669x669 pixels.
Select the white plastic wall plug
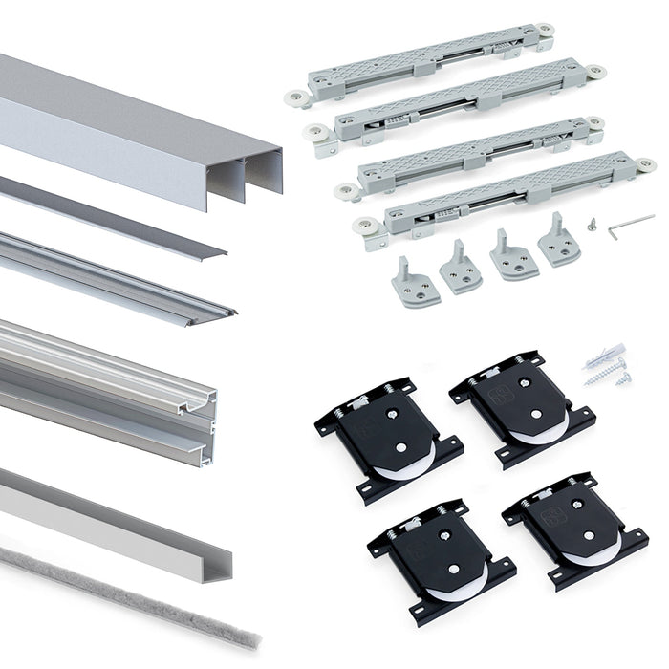click(x=602, y=351)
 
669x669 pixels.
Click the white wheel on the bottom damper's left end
click(x=362, y=227)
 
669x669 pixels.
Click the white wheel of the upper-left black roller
click(x=394, y=468)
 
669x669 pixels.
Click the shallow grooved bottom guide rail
click(x=115, y=277)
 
